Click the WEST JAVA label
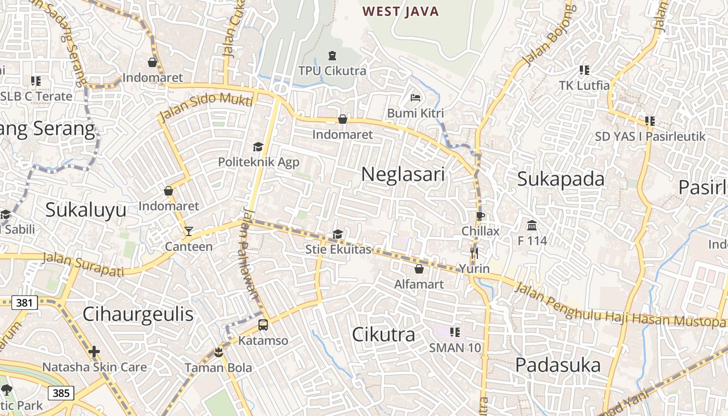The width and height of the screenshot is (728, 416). point(400,11)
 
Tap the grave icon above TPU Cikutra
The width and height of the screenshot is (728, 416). point(332,56)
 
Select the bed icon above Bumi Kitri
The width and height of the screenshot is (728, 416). point(415,98)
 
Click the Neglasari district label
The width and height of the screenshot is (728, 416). point(403,174)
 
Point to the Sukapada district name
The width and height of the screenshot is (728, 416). point(561,179)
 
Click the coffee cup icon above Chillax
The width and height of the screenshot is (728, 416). point(480,216)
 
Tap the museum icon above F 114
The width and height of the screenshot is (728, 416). point(532,226)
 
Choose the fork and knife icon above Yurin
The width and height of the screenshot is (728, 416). point(474,253)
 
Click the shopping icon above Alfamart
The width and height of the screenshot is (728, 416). point(419,269)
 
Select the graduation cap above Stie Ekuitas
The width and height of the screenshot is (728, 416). point(337,235)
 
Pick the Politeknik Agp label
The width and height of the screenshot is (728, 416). point(258,162)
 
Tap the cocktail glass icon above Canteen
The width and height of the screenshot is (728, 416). point(188,231)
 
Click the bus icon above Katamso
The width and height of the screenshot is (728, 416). point(263,325)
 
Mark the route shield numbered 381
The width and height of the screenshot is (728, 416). point(24,303)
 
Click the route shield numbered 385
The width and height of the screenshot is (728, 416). point(61,393)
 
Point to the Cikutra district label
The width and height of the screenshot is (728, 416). point(384,334)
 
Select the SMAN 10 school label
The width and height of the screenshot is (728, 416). point(455,348)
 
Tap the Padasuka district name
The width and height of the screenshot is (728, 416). point(558,365)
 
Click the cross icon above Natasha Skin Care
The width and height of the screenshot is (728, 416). point(94,352)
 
